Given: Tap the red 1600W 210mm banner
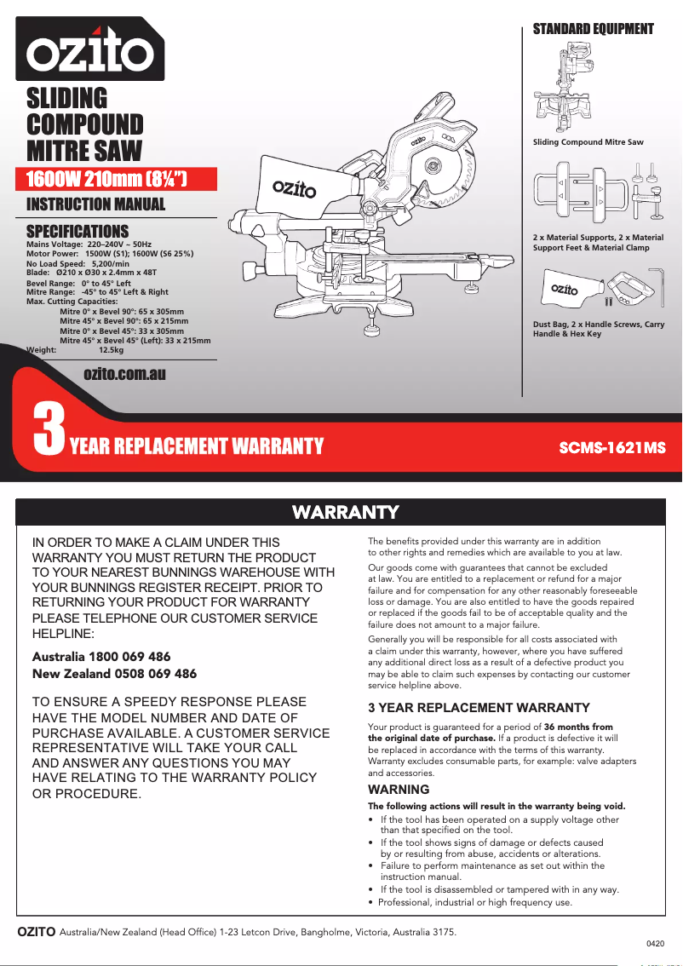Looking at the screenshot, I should coord(108,179).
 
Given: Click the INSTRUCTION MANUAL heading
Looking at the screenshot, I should coord(96,204).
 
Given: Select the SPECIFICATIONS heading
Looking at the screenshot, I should coord(77,231).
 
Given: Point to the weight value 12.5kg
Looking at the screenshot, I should coord(112,349).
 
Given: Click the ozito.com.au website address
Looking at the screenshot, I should coord(124,374).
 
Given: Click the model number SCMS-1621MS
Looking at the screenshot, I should coord(611,447).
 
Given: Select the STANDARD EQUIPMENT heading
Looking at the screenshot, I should coord(593,29).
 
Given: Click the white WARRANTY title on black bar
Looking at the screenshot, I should coord(345,512).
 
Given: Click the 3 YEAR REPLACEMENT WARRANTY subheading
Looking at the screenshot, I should coord(479,708).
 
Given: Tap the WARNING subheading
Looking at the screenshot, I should coord(399,790).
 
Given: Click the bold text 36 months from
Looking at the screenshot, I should coord(578,727).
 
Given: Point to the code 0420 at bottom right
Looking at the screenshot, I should coord(655,944).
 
